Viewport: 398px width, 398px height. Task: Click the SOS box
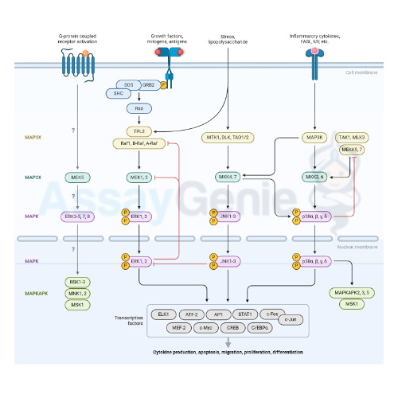128,84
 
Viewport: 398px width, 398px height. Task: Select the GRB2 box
149,84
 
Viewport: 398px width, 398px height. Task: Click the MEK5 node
77,177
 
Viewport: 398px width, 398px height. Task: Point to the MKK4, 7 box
228,177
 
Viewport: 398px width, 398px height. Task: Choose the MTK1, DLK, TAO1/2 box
228,138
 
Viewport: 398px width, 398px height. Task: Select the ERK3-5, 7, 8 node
77,216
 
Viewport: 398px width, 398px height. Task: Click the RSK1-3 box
77,283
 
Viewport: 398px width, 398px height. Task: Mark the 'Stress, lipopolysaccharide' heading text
228,37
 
